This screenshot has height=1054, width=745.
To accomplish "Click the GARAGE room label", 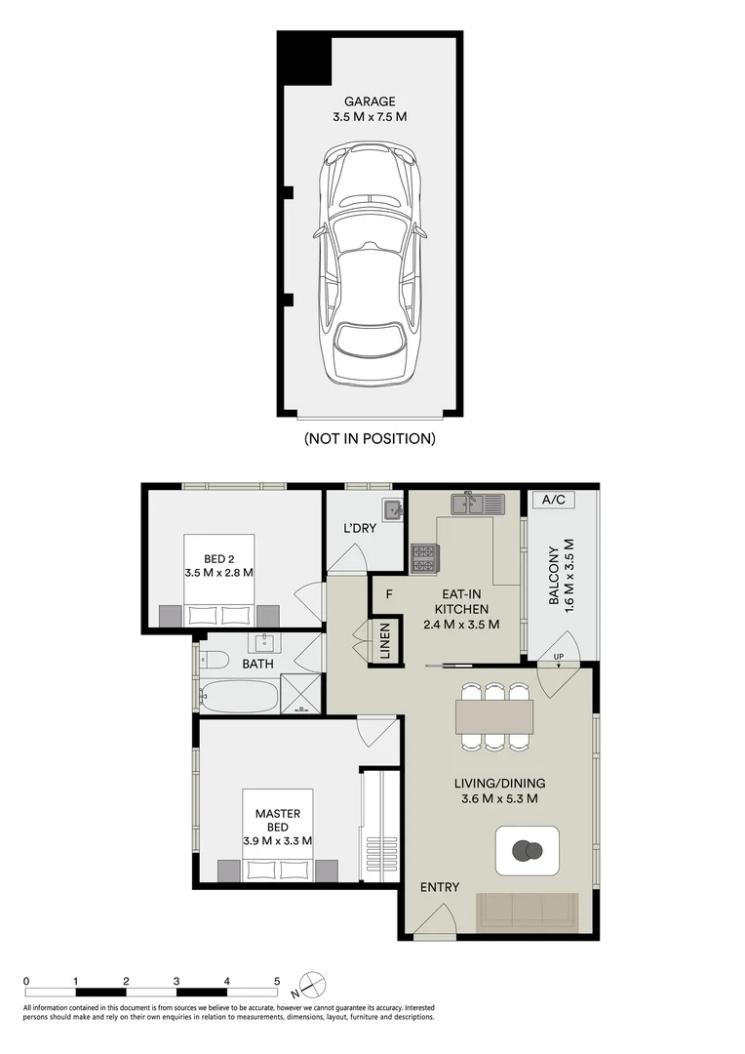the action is (370, 101).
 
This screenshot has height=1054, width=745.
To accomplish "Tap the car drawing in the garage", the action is (369, 263).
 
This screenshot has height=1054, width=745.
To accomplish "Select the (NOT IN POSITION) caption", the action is (370, 439).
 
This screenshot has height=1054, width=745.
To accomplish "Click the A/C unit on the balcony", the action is (553, 500).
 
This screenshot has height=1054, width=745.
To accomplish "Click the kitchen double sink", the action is (478, 504).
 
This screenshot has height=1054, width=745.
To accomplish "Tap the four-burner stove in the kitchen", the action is (424, 558).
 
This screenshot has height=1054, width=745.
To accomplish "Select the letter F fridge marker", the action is (389, 594).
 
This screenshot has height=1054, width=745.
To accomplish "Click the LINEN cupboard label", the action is (385, 641).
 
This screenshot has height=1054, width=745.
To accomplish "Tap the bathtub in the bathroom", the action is (240, 697).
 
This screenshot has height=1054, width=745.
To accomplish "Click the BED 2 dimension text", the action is (219, 574).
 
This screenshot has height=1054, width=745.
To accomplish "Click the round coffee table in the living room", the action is (528, 851).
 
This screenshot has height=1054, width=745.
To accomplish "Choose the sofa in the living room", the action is (528, 912).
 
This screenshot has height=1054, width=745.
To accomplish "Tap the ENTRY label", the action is (440, 887).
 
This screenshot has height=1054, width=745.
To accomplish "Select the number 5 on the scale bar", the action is (277, 982).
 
